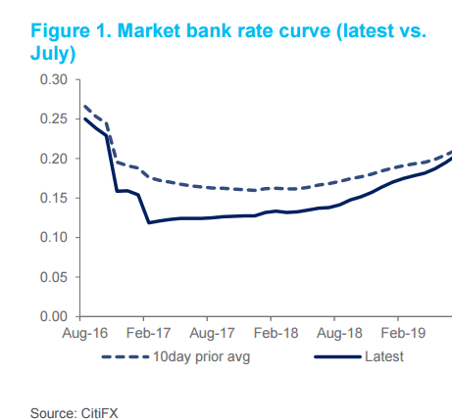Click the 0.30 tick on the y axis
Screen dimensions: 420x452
point(56,79)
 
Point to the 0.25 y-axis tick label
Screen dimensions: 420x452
point(56,118)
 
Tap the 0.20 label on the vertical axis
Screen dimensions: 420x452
point(56,159)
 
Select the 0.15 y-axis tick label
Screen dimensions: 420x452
point(56,198)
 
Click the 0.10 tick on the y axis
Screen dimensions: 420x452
point(56,238)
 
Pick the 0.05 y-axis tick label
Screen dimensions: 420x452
point(56,277)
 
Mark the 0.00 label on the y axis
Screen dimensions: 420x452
point(56,316)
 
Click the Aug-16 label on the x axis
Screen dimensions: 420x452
point(83,334)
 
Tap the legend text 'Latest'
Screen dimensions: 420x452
point(383,356)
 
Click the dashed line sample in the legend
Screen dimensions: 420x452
point(125,356)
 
